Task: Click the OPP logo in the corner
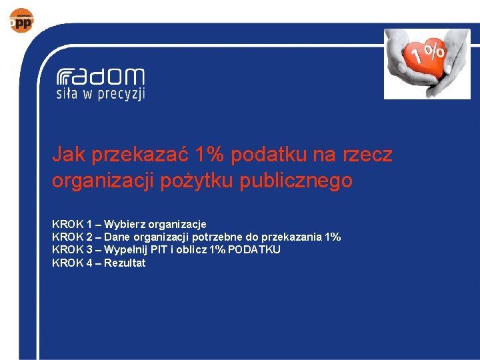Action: tap(21, 20)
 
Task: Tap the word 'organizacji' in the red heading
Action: tap(103, 181)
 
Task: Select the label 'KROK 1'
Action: tap(72, 224)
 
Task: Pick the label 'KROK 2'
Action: tap(72, 237)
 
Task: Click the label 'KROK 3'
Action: tap(72, 249)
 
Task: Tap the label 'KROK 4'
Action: tap(72, 263)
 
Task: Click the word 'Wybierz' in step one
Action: tap(123, 224)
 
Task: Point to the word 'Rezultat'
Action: tap(125, 263)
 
